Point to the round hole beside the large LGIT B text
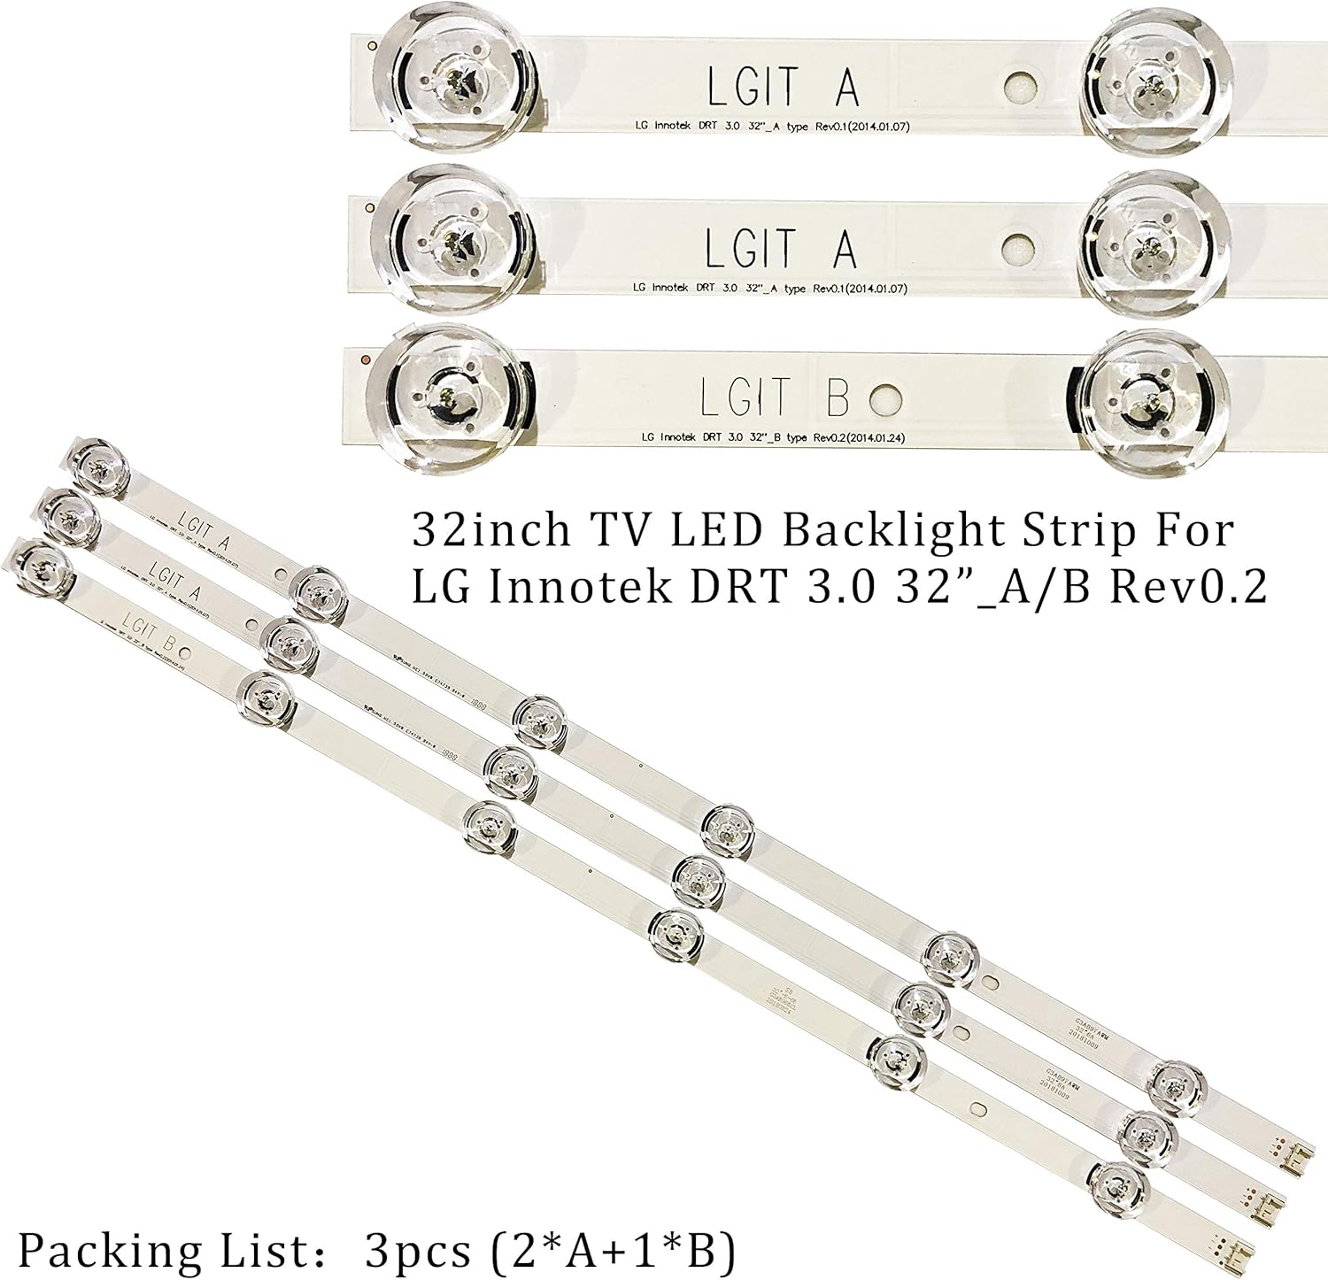coord(886,399)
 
